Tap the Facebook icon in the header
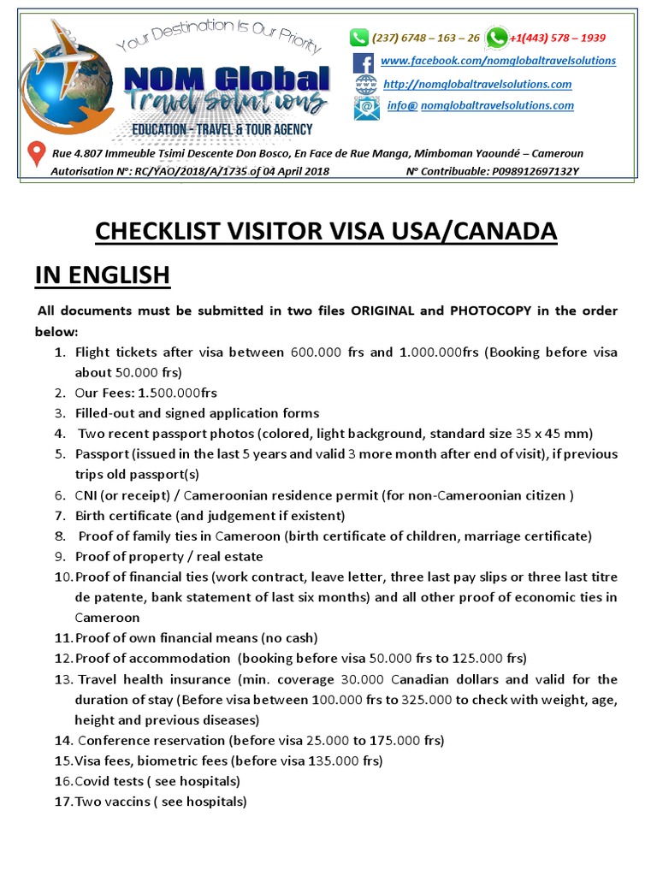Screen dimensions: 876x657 click(364, 62)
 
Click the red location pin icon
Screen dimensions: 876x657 click(37, 154)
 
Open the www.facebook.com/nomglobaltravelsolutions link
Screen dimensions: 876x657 click(498, 61)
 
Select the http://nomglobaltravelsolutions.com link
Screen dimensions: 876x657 click(477, 84)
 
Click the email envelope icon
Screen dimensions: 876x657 click(365, 108)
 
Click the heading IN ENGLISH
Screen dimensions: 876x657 click(102, 275)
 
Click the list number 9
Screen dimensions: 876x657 click(60, 557)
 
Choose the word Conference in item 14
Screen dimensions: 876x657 click(115, 740)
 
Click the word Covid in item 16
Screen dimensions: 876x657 click(93, 781)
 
